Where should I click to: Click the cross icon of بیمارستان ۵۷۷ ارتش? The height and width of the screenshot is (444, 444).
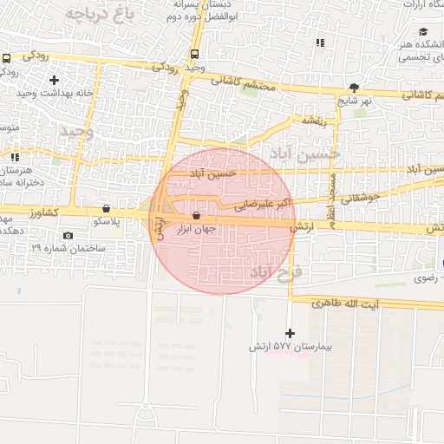290,333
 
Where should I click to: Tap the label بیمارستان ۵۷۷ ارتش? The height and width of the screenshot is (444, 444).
290,346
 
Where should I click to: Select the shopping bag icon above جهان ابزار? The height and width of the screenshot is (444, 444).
196,216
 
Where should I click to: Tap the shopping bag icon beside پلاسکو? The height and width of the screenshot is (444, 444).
106,208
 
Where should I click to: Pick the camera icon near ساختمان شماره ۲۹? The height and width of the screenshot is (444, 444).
69,236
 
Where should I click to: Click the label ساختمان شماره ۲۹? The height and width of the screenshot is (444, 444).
69,248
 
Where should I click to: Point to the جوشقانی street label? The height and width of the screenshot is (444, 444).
362,198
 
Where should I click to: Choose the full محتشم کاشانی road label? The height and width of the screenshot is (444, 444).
243,86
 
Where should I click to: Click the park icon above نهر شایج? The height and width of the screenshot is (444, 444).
354,88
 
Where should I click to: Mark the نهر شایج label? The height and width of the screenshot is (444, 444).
355,101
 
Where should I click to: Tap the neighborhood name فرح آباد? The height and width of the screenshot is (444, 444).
276,272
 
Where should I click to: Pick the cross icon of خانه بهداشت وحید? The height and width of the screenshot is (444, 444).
54,80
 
